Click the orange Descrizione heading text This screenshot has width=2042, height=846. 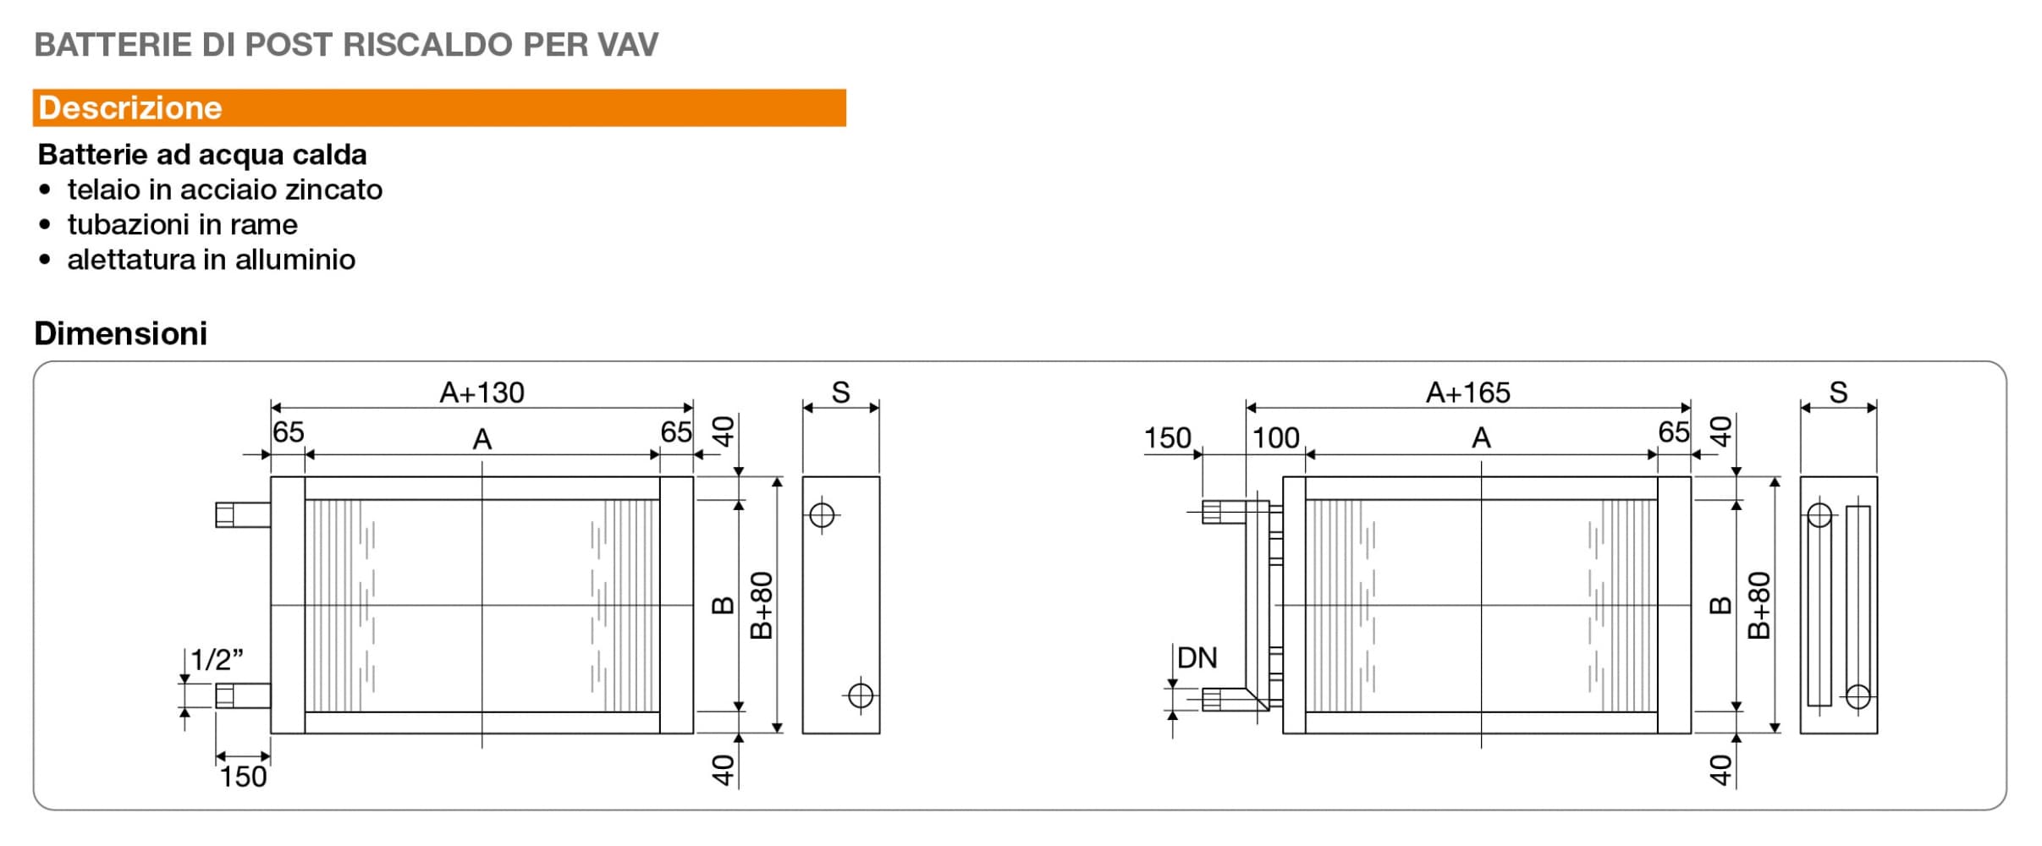[130, 108]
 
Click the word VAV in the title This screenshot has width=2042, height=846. [627, 45]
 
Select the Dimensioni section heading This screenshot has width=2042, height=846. [120, 333]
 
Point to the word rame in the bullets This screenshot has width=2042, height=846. [263, 225]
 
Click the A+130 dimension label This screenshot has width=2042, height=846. [482, 393]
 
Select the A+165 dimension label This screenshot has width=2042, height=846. [1467, 393]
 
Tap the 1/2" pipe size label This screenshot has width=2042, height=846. [217, 659]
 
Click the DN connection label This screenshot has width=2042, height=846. [1197, 657]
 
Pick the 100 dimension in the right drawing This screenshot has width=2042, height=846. [1275, 437]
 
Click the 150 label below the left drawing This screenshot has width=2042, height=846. [243, 777]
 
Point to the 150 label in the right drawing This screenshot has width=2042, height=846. [1167, 437]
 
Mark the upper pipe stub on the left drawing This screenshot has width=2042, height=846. [242, 514]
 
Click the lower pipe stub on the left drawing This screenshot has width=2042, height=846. [242, 695]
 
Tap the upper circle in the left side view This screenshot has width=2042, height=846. [822, 514]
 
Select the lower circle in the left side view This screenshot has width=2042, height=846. [861, 695]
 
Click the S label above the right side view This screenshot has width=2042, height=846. [1838, 393]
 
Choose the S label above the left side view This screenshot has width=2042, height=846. [840, 393]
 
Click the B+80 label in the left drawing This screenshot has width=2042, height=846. [762, 605]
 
